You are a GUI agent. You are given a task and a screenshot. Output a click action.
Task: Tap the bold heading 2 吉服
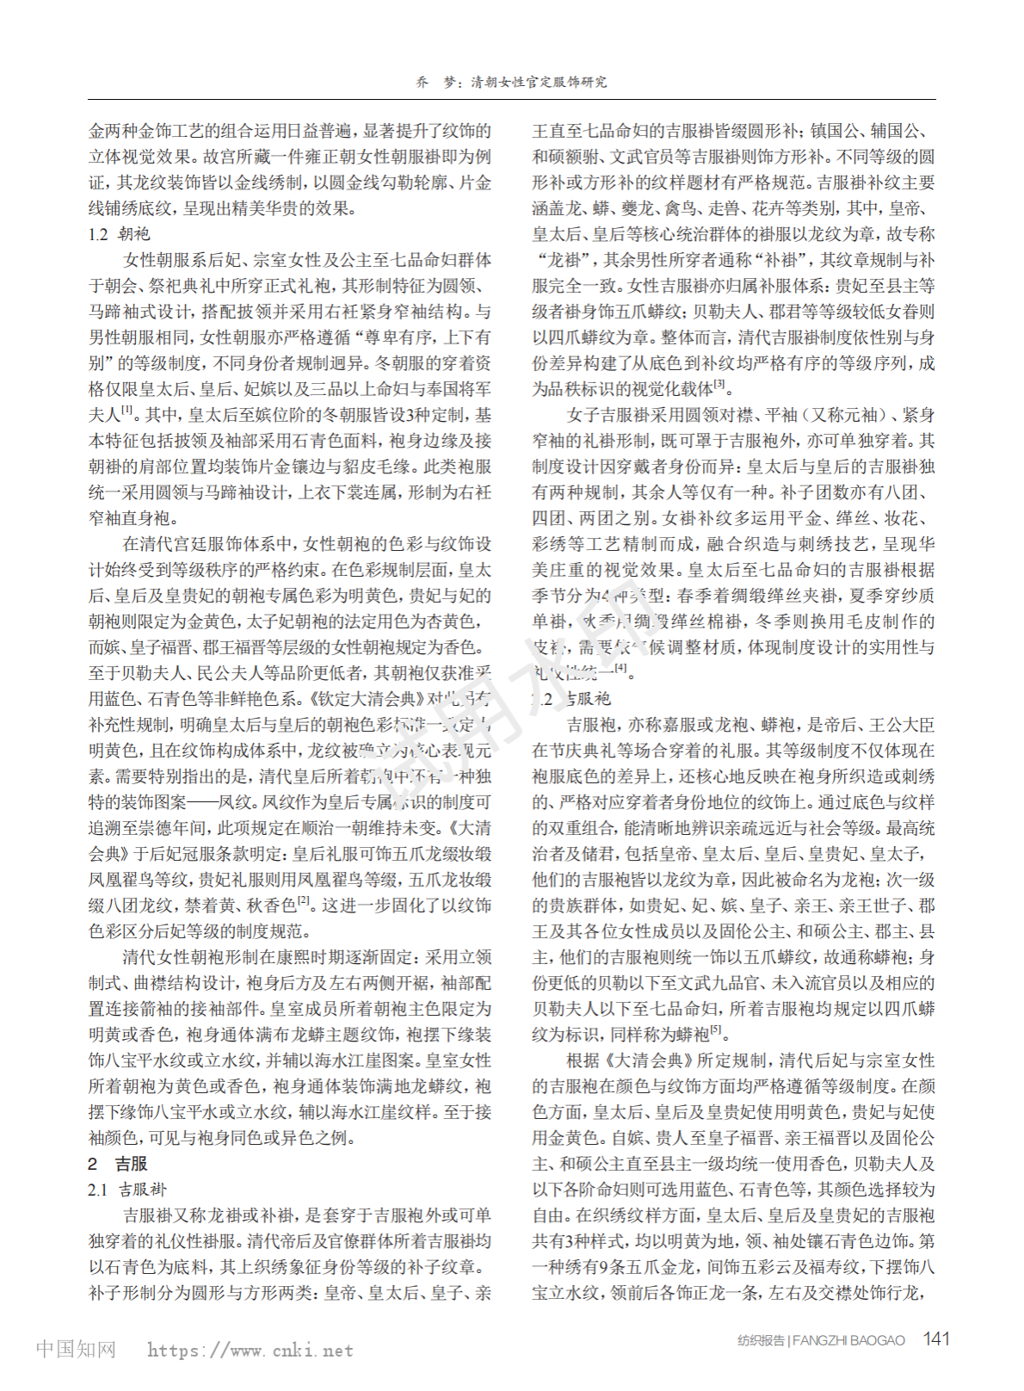pyautogui.click(x=118, y=1164)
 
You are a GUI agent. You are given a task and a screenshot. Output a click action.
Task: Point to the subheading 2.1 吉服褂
pyautogui.click(x=126, y=1190)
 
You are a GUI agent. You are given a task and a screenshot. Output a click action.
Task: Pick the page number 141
pyautogui.click(x=935, y=1339)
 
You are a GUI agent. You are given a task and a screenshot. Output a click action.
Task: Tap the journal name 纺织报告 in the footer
pyautogui.click(x=761, y=1340)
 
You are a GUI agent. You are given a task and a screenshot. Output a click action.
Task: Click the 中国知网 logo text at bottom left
pyautogui.click(x=76, y=1349)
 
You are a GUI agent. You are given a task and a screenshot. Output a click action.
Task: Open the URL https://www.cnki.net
pyautogui.click(x=250, y=1350)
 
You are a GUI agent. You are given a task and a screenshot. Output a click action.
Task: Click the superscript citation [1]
pyautogui.click(x=127, y=411)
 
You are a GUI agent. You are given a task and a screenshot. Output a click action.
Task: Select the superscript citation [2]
pyautogui.click(x=304, y=901)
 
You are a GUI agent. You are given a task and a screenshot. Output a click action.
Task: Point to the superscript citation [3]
pyautogui.click(x=719, y=385)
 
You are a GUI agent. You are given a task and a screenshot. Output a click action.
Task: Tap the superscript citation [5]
pyautogui.click(x=716, y=1030)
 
